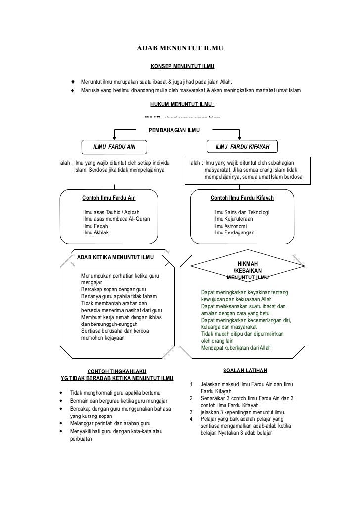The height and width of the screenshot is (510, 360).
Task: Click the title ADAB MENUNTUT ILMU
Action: pyautogui.click(x=180, y=48)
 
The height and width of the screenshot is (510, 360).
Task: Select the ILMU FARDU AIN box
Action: pyautogui.click(x=114, y=147)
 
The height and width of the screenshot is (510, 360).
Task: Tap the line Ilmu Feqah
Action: pyautogui.click(x=95, y=226)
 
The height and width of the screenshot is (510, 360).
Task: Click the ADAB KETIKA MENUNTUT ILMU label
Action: pyautogui.click(x=116, y=257)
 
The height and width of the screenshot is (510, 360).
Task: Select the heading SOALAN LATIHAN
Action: pyautogui.click(x=245, y=370)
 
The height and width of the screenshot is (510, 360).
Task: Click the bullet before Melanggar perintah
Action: pyautogui.click(x=60, y=424)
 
